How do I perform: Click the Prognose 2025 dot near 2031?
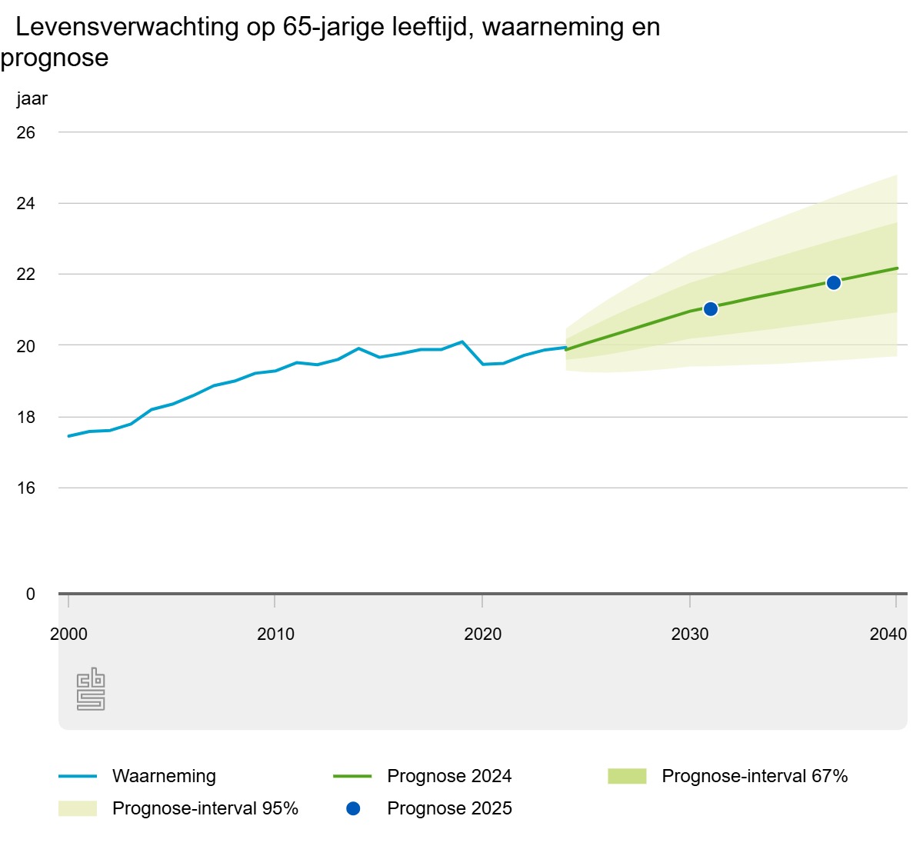(710, 309)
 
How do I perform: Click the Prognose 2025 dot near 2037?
(833, 283)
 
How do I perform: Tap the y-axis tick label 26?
(26, 132)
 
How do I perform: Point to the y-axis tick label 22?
(26, 275)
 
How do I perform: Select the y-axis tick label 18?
(26, 418)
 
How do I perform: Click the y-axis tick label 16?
(26, 488)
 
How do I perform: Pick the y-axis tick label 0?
(31, 594)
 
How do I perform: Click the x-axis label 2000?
(68, 634)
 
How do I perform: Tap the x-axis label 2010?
(275, 634)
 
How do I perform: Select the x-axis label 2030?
(690, 634)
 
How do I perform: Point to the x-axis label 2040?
(888, 634)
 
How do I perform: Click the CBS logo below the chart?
(91, 689)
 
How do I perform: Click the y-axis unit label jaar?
(32, 98)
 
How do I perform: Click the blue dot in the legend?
(353, 808)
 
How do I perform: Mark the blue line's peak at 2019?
(462, 341)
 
